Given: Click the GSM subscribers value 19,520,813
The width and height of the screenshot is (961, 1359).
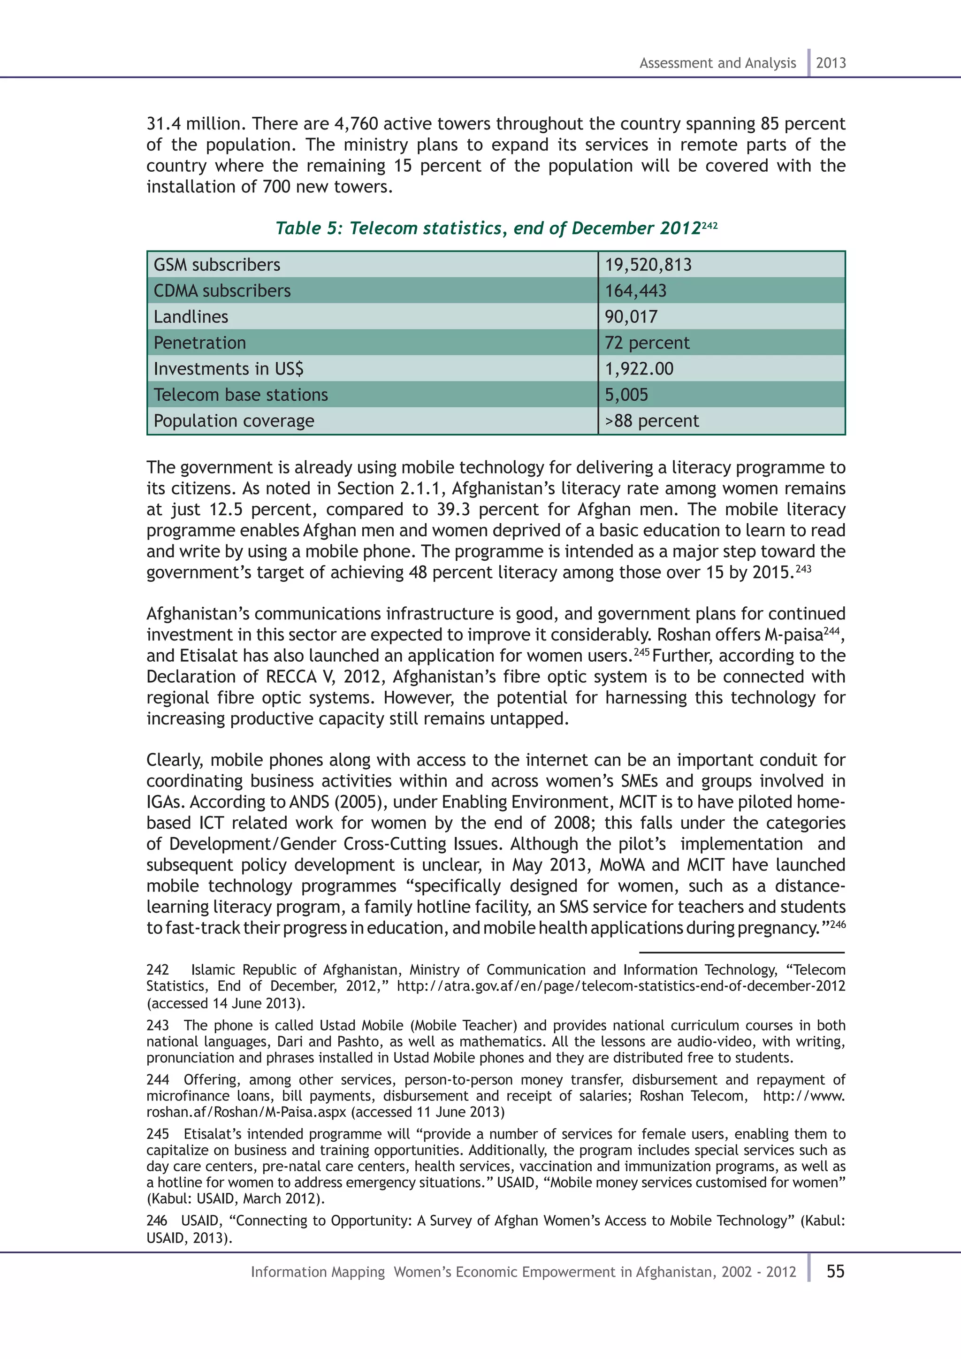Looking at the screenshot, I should (x=648, y=265).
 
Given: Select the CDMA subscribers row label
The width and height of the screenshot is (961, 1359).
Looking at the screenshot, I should (x=222, y=290).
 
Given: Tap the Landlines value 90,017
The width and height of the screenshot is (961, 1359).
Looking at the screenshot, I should (x=631, y=317).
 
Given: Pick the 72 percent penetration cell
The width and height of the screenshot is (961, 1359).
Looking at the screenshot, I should (x=647, y=343).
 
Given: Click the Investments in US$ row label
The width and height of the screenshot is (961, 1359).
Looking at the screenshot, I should (x=229, y=369).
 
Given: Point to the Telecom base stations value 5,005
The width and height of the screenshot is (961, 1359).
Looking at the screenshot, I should (x=626, y=395).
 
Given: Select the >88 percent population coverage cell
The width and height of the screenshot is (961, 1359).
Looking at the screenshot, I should (x=651, y=421).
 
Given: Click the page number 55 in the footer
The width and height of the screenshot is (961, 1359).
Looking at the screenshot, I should (x=835, y=1271).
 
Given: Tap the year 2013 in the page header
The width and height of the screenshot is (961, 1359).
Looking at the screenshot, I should (x=831, y=63).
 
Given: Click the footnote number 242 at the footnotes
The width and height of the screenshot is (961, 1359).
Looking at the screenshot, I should (x=157, y=970).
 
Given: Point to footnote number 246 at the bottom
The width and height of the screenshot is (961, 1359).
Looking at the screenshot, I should (x=157, y=1221).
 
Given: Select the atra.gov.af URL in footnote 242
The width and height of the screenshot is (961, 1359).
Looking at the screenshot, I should (x=621, y=986).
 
